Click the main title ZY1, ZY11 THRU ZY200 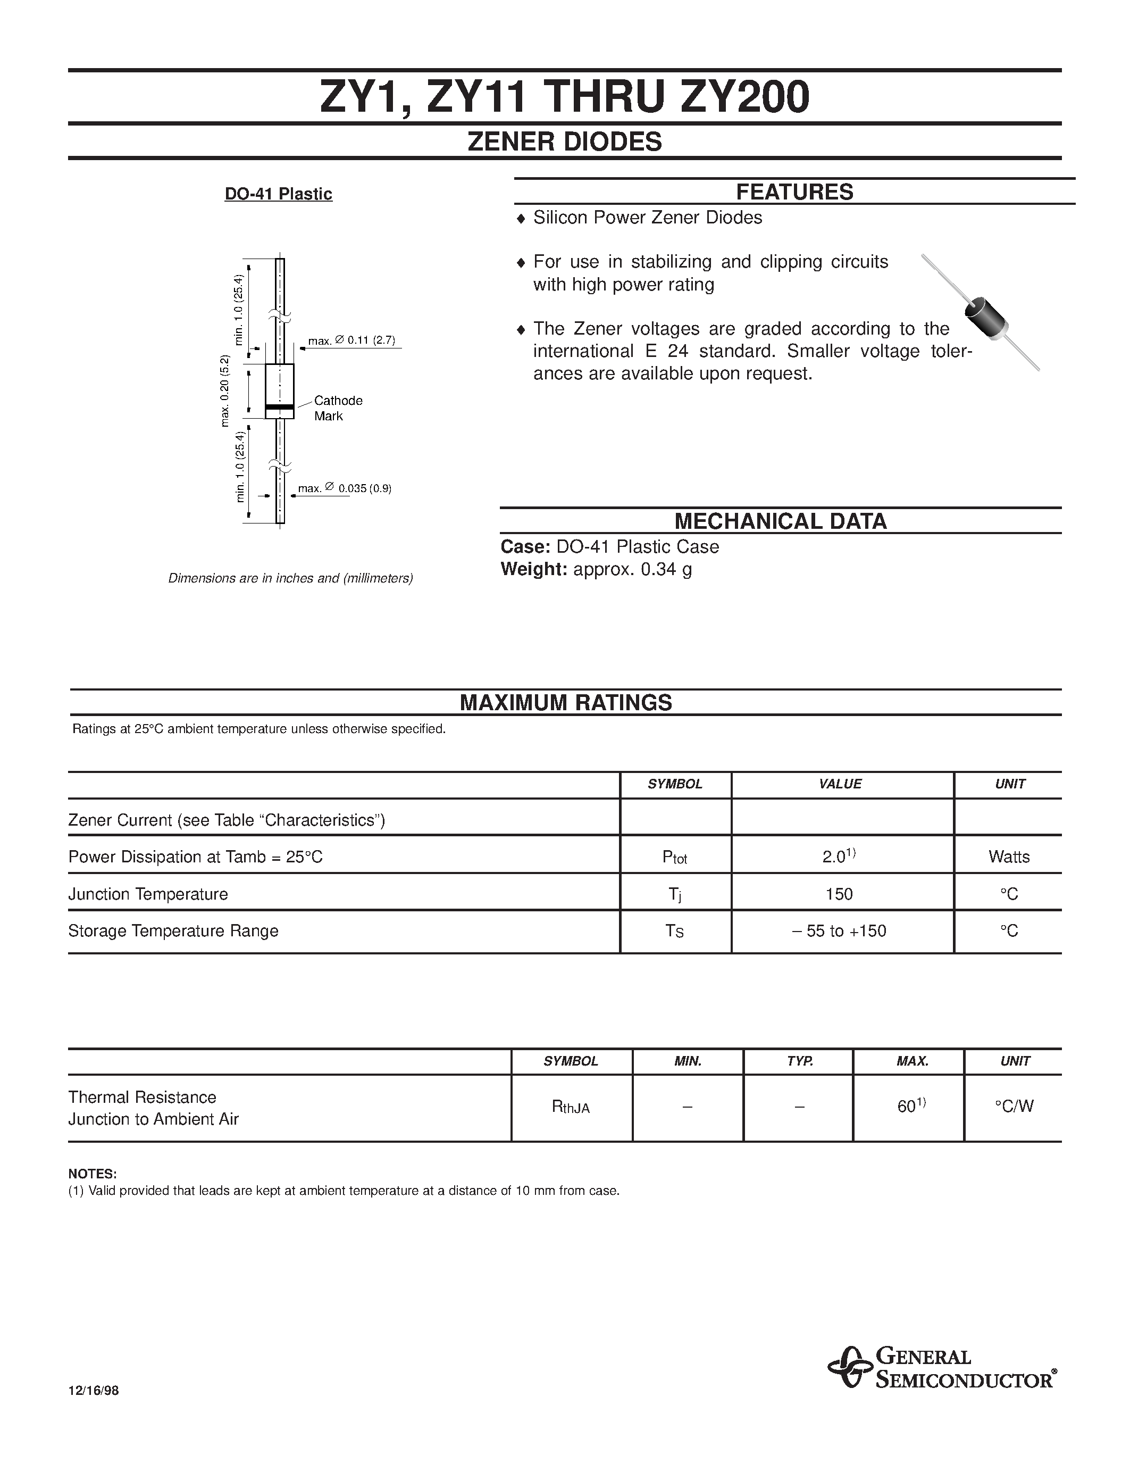tap(564, 98)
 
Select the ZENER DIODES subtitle tap(564, 142)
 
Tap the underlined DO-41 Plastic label tap(279, 194)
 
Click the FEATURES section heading tap(794, 192)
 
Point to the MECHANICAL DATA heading tap(780, 521)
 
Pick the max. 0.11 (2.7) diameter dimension tap(351, 341)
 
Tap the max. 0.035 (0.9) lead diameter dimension tap(344, 488)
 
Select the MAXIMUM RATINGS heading tap(566, 702)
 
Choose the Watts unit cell tap(1009, 857)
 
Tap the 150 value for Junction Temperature tap(840, 894)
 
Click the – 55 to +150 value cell tap(840, 931)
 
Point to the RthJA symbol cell tap(571, 1107)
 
